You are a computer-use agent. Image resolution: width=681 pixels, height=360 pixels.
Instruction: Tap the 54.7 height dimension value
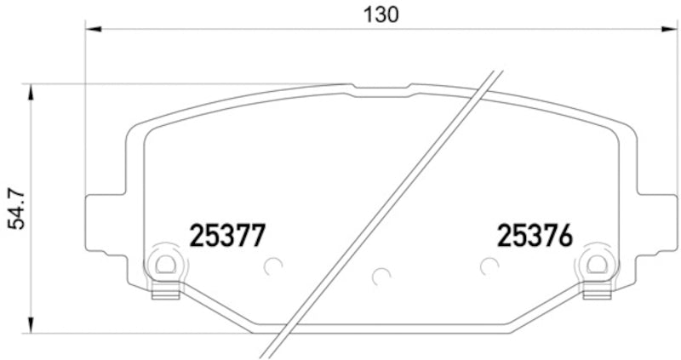tap(14, 209)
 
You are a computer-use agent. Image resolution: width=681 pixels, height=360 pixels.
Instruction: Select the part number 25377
tap(227, 236)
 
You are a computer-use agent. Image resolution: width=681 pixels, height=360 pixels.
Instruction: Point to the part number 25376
tap(535, 236)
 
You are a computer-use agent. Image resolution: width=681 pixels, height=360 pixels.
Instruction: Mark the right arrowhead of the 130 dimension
tap(672, 29)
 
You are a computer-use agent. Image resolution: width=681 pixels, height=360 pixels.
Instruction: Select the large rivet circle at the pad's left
tap(164, 266)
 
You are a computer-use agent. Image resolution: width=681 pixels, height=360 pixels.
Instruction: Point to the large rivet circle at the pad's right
tap(596, 266)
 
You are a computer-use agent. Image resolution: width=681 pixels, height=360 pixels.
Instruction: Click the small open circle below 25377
tap(272, 266)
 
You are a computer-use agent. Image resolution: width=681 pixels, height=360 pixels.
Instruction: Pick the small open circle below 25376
tap(489, 266)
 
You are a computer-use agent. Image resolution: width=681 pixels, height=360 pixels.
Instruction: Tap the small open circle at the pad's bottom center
tap(381, 277)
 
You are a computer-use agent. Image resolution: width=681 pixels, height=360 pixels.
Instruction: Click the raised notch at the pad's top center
tap(381, 88)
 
